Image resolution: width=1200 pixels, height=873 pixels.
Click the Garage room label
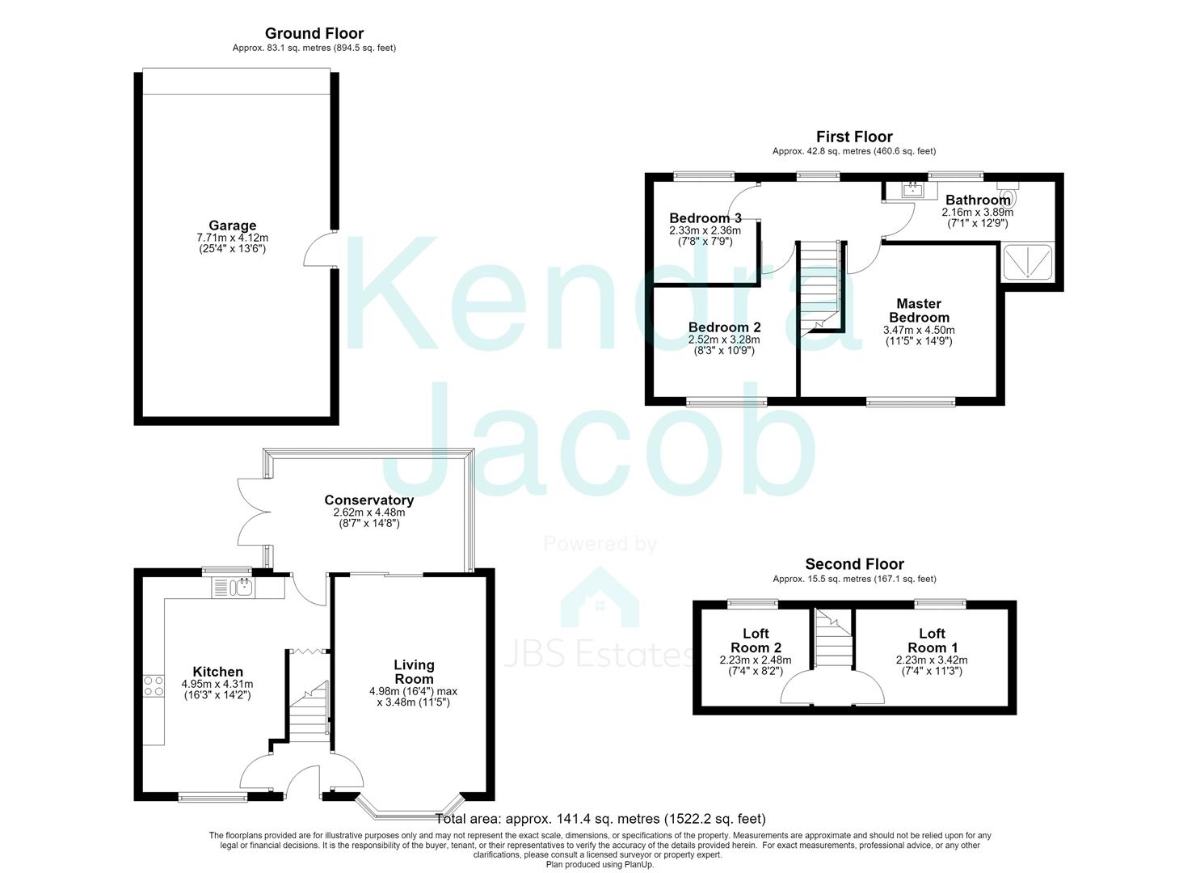[x=233, y=226]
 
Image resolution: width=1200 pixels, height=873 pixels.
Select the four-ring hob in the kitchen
[x=154, y=686]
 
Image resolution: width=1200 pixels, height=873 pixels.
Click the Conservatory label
[x=369, y=500]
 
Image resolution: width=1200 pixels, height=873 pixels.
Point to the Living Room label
[x=414, y=672]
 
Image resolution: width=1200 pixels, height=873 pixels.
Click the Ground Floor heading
[x=314, y=33]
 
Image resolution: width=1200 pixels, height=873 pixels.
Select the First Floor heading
[x=854, y=137]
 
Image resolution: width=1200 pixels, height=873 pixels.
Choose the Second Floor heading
[x=854, y=563]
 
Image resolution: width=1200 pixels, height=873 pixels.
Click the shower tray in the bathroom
[x=1028, y=262]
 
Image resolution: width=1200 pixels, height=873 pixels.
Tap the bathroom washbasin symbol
[x=911, y=190]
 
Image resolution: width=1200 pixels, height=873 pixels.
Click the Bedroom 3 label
[x=705, y=218]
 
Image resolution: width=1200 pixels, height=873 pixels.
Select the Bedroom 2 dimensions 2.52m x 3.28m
[x=724, y=339]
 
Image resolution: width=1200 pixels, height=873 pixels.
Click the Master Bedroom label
[x=919, y=310]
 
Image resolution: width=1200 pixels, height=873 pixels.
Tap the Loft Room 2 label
[x=756, y=640]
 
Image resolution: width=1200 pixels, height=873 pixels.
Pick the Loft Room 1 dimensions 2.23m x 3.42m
[x=932, y=660]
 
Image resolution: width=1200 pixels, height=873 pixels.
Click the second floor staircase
[x=833, y=638]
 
